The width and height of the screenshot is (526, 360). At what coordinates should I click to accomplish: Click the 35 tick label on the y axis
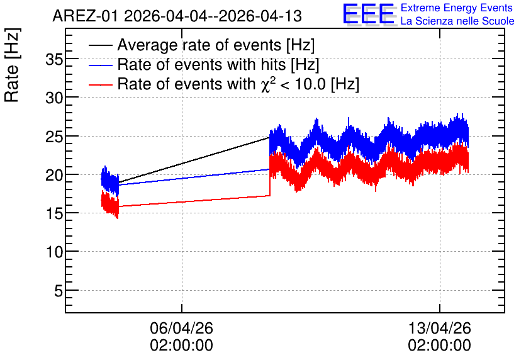(54, 60)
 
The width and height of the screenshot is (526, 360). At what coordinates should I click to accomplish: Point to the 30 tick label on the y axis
(54, 98)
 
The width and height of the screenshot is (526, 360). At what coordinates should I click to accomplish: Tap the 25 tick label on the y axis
(54, 137)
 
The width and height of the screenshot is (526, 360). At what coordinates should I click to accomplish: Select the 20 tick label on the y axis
(54, 175)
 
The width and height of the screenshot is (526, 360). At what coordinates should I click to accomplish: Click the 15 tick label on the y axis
(54, 214)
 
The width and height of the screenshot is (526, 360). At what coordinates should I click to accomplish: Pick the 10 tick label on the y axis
(54, 252)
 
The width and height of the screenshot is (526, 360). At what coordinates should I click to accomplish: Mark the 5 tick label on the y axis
(59, 291)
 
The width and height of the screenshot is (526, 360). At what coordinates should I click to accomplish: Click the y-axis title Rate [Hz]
(12, 65)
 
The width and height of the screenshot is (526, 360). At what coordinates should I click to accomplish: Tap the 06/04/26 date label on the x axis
(181, 328)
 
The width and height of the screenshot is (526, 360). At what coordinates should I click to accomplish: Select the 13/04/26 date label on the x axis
(439, 328)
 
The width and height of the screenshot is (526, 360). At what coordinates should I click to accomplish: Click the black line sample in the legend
(100, 45)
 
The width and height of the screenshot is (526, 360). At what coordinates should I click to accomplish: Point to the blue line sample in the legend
(100, 65)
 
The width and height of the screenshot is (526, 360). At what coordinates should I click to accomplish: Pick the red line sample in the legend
(100, 84)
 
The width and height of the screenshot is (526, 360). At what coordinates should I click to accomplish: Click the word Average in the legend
(147, 45)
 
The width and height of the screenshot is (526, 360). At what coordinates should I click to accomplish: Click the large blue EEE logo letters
(369, 14)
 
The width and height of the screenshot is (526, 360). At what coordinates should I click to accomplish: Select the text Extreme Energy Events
(457, 8)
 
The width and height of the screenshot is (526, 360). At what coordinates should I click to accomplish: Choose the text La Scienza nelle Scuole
(457, 21)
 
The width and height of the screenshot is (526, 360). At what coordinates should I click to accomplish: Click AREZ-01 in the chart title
(85, 16)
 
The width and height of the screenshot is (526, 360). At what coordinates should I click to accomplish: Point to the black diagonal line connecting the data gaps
(194, 160)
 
